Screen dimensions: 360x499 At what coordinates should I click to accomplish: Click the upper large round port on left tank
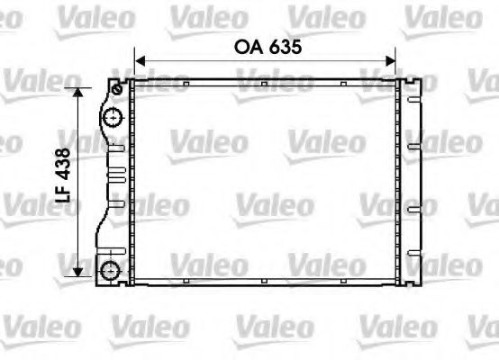112,117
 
